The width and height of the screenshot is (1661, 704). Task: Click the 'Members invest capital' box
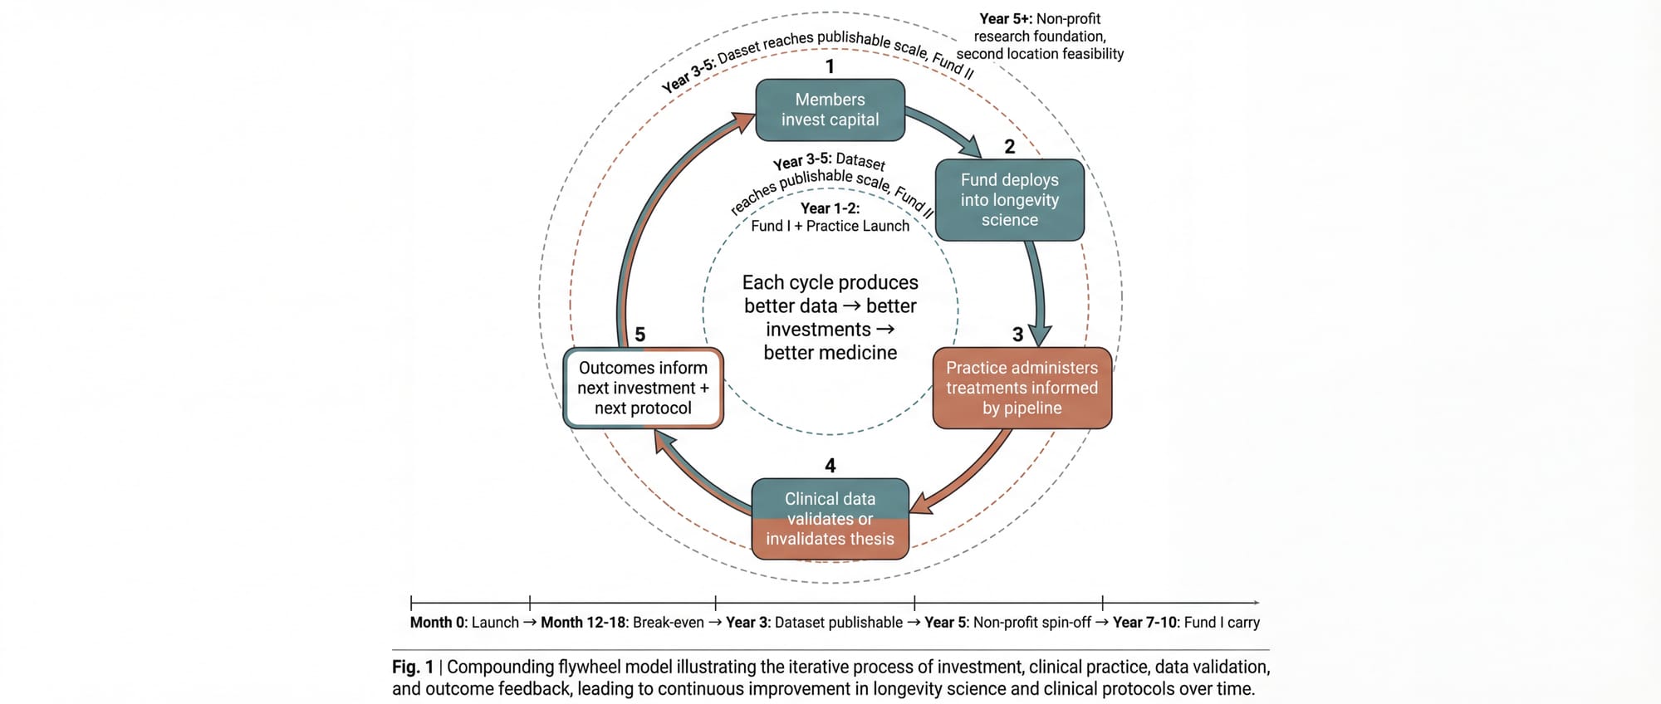click(830, 110)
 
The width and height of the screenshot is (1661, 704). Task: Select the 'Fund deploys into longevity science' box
click(1009, 200)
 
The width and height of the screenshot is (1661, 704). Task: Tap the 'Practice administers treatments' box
click(1022, 388)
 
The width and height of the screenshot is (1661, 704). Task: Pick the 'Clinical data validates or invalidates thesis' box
click(830, 519)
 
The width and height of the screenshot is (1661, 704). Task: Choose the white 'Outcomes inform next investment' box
click(643, 388)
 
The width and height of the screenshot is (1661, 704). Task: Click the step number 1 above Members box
click(830, 66)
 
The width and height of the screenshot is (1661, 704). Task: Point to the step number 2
click(1009, 147)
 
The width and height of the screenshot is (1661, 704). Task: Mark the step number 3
click(1017, 335)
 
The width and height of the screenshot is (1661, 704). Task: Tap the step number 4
click(830, 466)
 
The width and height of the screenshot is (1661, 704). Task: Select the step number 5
click(639, 335)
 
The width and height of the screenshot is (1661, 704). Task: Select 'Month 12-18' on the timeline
click(583, 623)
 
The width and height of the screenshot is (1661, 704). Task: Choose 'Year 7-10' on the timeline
click(1145, 623)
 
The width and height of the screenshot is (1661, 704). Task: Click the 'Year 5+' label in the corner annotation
click(1006, 18)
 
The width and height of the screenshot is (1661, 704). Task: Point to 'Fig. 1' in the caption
click(413, 667)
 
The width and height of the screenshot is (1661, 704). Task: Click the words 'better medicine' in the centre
click(830, 353)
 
